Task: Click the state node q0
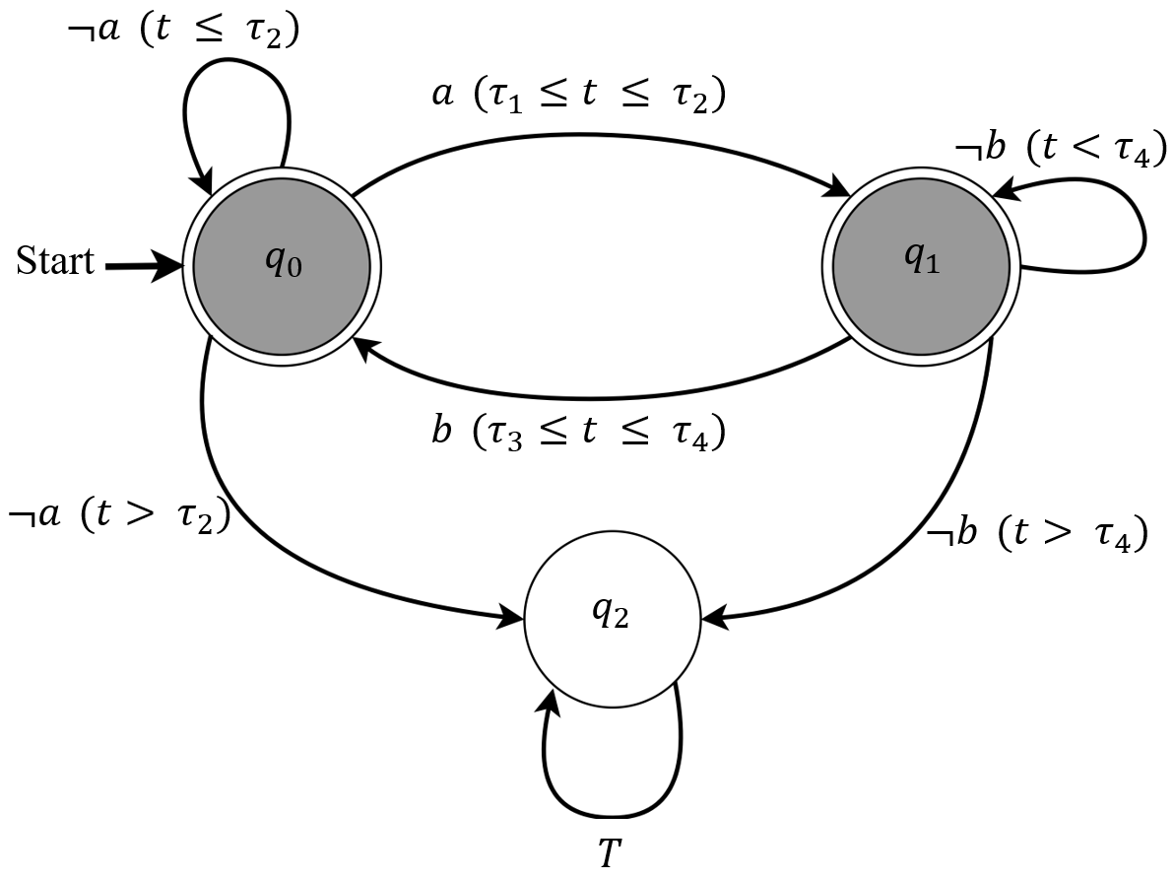click(x=282, y=266)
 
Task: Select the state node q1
click(x=921, y=266)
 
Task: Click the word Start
click(x=56, y=261)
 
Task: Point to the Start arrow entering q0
click(x=143, y=266)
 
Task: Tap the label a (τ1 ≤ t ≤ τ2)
click(x=580, y=96)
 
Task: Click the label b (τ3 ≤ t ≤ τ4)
click(x=580, y=433)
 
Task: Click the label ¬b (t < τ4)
click(x=1061, y=150)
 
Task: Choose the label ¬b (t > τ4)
click(x=1037, y=535)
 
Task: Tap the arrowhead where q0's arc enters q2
click(x=512, y=619)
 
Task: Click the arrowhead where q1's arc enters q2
click(x=713, y=619)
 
